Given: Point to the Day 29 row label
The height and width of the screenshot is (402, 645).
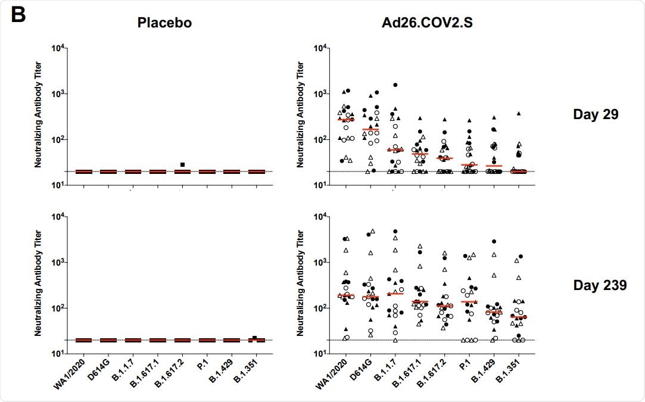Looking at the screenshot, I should pos(596,114).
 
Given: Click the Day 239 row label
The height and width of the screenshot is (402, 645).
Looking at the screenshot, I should pos(599,285).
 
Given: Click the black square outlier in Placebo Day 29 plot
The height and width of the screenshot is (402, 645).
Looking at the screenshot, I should pos(183,164).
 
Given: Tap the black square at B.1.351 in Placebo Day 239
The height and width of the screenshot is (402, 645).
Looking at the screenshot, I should pos(254,338).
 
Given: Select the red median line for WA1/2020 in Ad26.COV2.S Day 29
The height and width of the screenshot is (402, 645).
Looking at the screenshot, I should pos(345,120).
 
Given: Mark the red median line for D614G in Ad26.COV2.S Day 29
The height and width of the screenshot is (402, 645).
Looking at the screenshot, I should pos(370,129).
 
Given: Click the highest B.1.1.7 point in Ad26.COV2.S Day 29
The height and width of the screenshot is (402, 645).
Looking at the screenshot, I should pos(395,85).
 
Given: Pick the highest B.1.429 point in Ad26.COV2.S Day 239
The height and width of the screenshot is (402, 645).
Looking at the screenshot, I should pos(494,241).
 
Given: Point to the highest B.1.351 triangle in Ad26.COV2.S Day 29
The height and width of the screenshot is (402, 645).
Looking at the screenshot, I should pos(518,113).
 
